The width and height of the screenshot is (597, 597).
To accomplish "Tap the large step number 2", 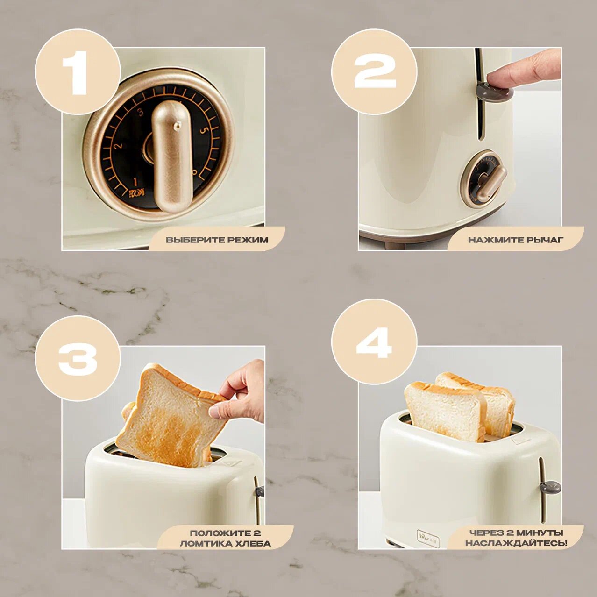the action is pyautogui.click(x=375, y=72).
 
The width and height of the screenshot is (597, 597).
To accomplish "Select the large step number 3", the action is pyautogui.click(x=78, y=359).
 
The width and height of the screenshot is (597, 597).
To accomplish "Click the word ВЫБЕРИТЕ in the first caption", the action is pyautogui.click(x=188, y=240).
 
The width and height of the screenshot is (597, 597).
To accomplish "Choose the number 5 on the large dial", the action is pyautogui.click(x=203, y=130).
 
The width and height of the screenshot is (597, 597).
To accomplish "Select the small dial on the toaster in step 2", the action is pyautogui.click(x=483, y=179).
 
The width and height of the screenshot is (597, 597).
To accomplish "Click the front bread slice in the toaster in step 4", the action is pyautogui.click(x=444, y=411).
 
